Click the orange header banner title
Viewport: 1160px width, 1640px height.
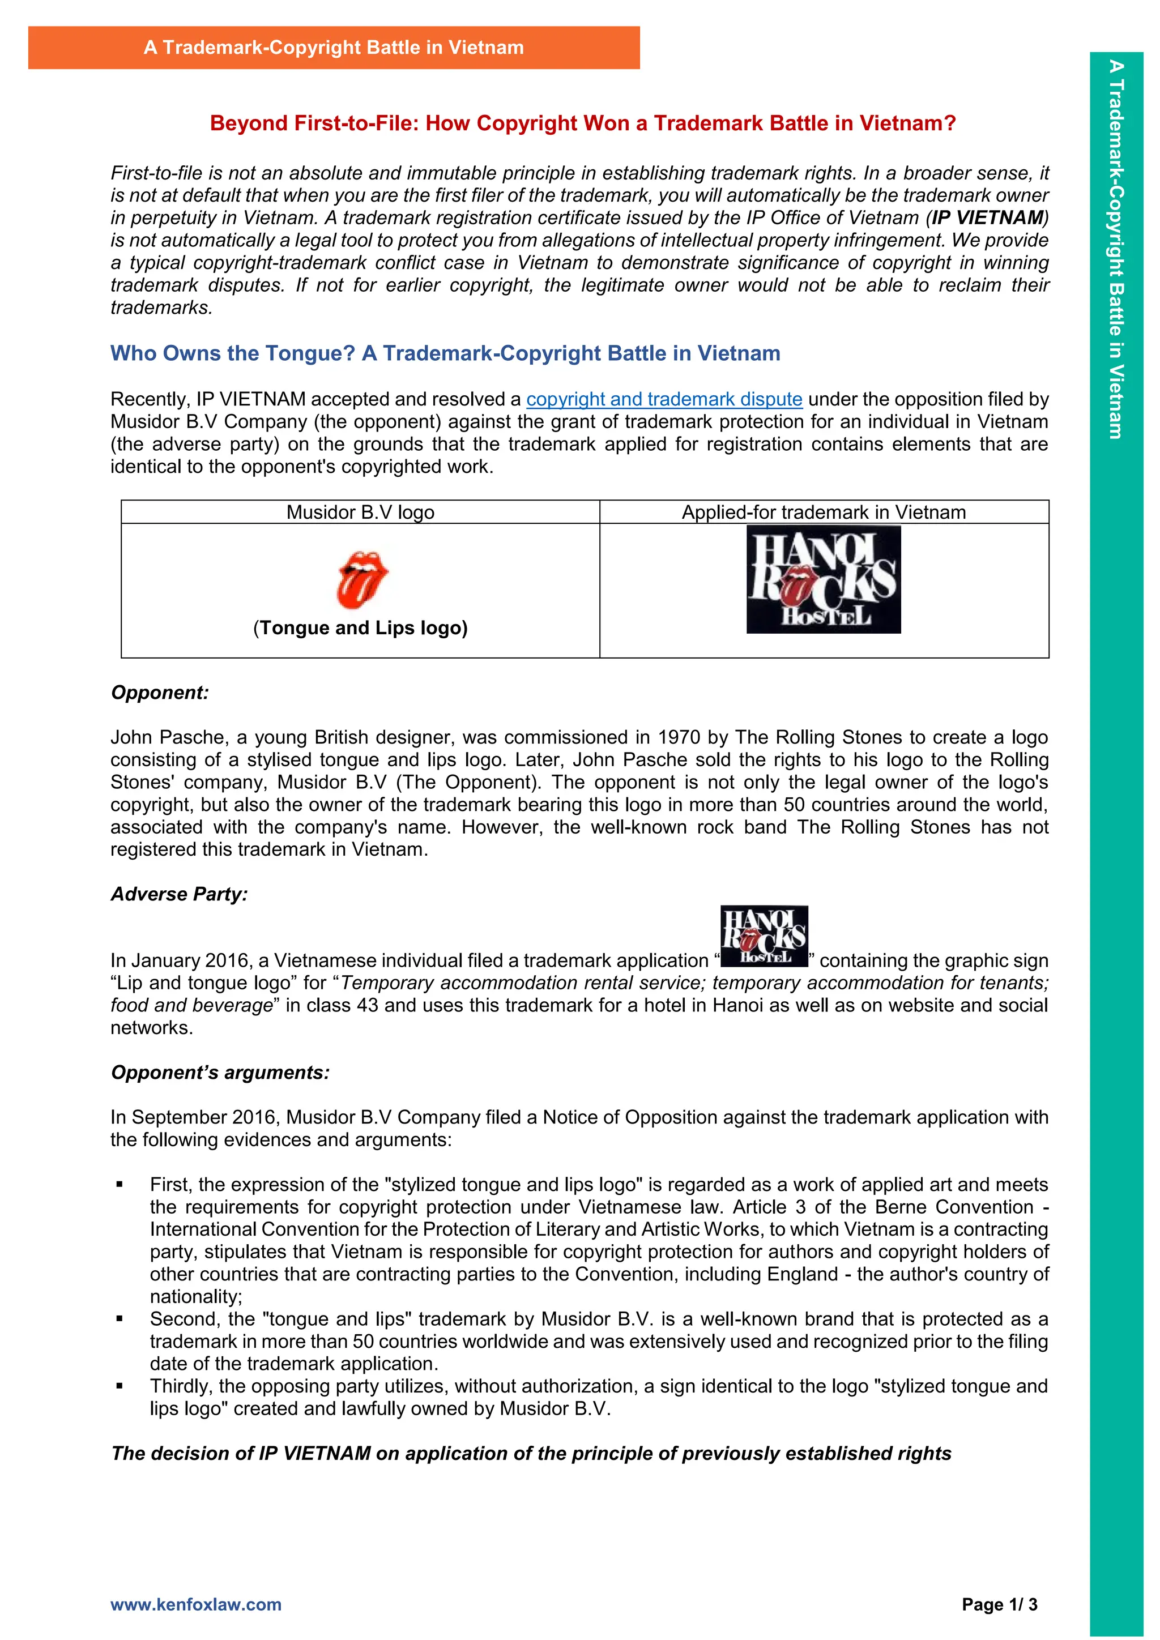click(334, 48)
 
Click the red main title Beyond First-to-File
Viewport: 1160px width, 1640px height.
click(582, 123)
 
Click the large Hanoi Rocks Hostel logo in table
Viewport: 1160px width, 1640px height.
click(823, 579)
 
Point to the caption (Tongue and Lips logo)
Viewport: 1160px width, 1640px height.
click(360, 628)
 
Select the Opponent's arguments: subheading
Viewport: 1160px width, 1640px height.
click(220, 1073)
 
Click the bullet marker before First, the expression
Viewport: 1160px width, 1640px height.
click(120, 1185)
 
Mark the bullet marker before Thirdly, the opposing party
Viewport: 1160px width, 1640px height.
click(120, 1386)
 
